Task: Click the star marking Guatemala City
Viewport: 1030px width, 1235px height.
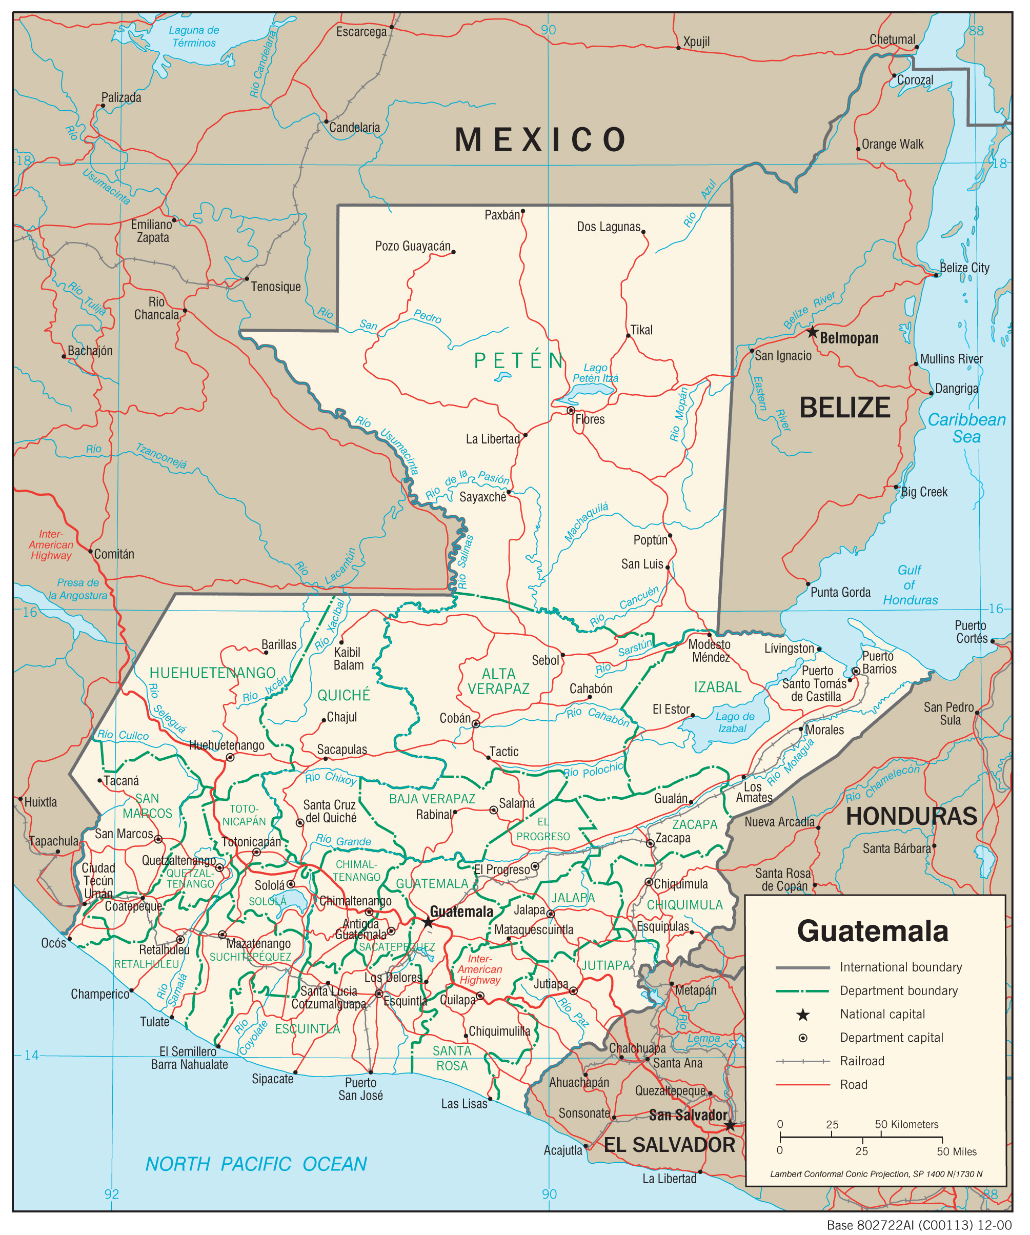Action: [428, 922]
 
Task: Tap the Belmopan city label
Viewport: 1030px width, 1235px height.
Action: [849, 338]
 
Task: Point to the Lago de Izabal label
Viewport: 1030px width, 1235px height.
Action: [734, 722]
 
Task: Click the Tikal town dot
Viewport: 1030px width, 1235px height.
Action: [628, 336]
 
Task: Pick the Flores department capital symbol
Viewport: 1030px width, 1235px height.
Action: [571, 410]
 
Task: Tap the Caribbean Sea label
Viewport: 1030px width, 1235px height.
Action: [966, 428]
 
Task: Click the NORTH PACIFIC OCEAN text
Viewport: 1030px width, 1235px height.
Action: [256, 1164]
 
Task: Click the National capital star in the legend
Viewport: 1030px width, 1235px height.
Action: [803, 1015]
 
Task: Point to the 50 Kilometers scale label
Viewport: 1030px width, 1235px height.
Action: [906, 1124]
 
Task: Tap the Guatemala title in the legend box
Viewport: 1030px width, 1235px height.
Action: [873, 932]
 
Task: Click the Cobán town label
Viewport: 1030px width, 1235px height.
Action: [455, 718]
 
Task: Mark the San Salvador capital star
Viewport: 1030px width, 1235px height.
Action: [730, 1125]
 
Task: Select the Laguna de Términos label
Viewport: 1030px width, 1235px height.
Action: [194, 36]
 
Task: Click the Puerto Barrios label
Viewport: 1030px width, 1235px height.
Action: [879, 662]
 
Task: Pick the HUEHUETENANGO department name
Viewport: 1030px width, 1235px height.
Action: [212, 673]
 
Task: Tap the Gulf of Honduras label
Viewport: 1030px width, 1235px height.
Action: [910, 585]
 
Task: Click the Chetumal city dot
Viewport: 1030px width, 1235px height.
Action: [917, 47]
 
